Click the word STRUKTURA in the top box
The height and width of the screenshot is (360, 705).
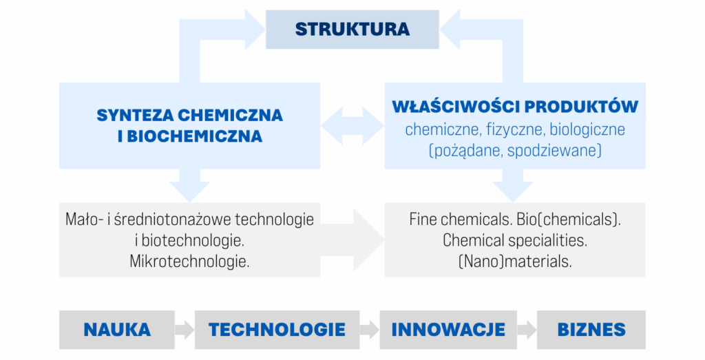[352, 29]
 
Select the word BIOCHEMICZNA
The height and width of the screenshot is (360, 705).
[195, 136]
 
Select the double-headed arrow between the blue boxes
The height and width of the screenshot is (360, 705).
[352, 126]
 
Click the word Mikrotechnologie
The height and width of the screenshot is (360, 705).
[189, 261]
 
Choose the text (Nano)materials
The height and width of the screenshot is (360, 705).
[515, 261]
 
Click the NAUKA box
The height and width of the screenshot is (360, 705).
[117, 330]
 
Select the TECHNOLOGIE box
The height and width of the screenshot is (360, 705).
[277, 330]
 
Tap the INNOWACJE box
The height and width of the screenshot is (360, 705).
[448, 330]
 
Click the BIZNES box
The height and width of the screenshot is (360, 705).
[591, 330]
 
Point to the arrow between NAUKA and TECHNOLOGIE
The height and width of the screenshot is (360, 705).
[185, 330]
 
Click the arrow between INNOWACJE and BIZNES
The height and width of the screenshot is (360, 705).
[527, 330]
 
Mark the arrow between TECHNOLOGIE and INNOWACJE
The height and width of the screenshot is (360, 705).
[370, 330]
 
